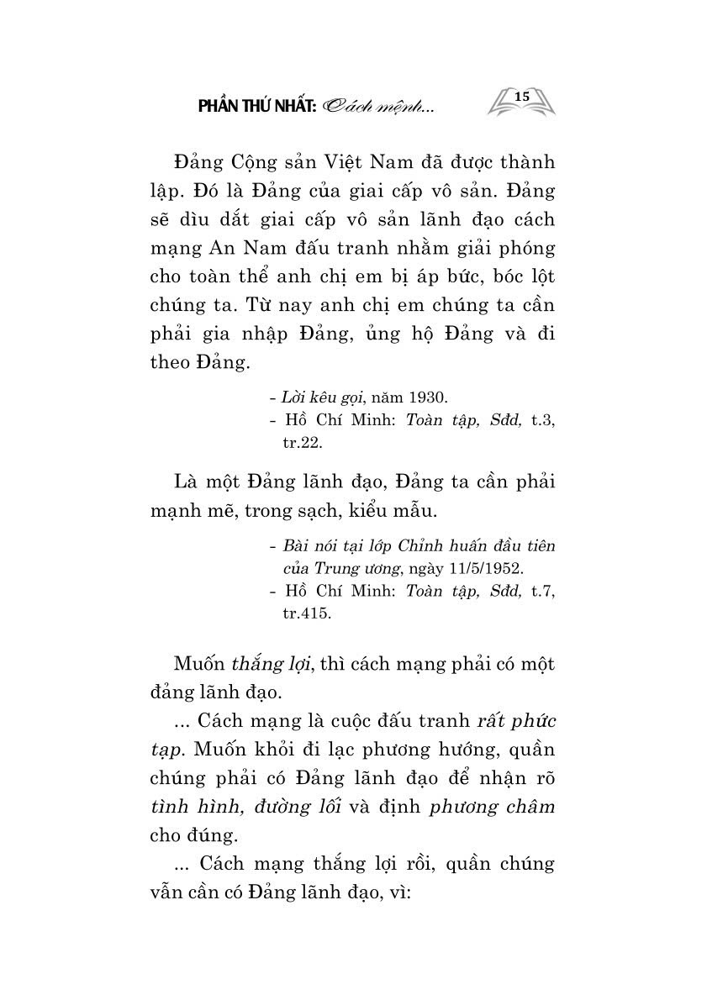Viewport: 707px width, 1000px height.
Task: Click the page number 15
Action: point(520,98)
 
